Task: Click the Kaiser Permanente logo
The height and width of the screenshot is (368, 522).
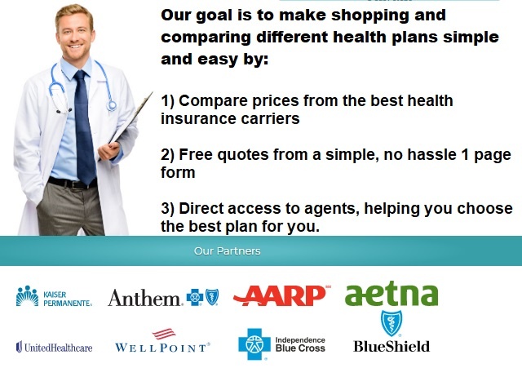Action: [x=54, y=296]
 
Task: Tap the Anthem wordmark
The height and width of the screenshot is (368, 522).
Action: [x=144, y=297]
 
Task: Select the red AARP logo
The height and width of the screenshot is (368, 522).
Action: [x=281, y=295]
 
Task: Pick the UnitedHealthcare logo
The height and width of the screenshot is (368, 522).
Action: [x=54, y=347]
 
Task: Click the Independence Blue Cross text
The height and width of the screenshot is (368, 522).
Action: [x=300, y=344]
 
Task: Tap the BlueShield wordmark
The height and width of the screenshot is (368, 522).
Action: [x=391, y=346]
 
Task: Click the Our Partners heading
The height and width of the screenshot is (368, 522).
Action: [x=227, y=251]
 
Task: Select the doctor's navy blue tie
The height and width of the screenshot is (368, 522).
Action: [x=85, y=126]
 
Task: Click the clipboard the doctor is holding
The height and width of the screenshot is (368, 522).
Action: [x=130, y=120]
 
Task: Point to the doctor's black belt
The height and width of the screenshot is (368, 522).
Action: [x=73, y=183]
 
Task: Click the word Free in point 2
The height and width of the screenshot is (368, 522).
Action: [x=196, y=154]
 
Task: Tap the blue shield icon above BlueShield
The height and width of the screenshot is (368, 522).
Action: [x=391, y=323]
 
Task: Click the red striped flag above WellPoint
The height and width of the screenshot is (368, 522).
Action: [x=164, y=334]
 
